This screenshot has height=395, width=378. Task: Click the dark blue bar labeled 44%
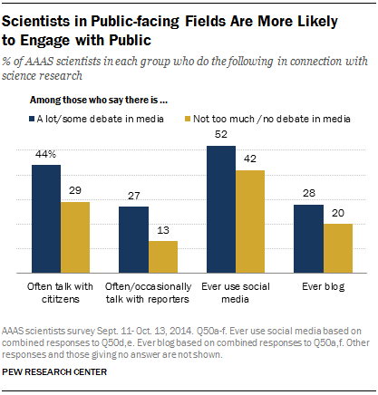pos(46,217)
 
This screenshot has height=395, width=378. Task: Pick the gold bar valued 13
pos(162,255)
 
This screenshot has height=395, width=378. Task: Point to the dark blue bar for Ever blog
pos(309,237)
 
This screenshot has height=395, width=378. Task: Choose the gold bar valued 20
pos(337,247)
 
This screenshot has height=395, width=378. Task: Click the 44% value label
pos(46,156)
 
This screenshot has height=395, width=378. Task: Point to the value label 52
pos(221,135)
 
